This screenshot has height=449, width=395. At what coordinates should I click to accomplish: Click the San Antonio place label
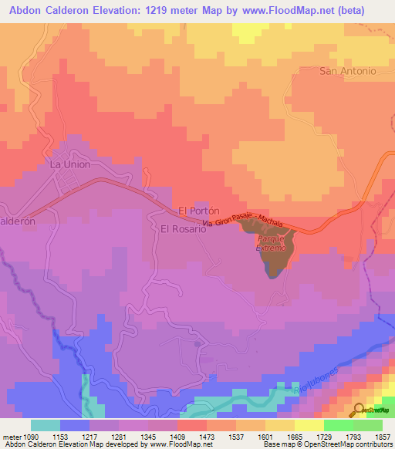[x=347, y=71]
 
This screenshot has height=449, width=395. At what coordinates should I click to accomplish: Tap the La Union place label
[x=70, y=164]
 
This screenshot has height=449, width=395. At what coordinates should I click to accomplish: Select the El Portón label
[x=200, y=210]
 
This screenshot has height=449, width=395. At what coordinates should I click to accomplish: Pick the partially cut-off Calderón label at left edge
[x=17, y=220]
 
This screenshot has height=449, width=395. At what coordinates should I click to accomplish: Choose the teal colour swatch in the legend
[x=46, y=425]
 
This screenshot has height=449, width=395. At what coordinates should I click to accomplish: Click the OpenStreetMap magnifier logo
[x=360, y=410]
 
